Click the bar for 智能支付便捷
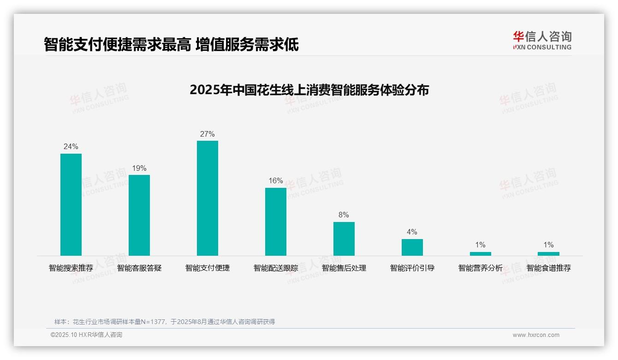[x=208, y=198]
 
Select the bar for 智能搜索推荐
[x=71, y=204]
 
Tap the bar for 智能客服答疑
[x=139, y=215]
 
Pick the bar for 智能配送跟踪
[x=276, y=222]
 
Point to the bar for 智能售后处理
[x=344, y=239]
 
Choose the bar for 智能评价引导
[x=412, y=247]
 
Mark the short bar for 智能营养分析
[x=481, y=253]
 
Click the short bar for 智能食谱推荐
[x=548, y=253]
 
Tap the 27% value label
[x=208, y=134]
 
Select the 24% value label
[x=71, y=147]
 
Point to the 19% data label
[x=139, y=168]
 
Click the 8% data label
[x=344, y=215]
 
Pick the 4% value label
[x=412, y=232]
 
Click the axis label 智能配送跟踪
[x=276, y=268]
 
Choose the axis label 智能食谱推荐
[x=549, y=268]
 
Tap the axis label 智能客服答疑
[x=139, y=268]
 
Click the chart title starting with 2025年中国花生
[x=309, y=90]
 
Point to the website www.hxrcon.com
[x=536, y=335]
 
